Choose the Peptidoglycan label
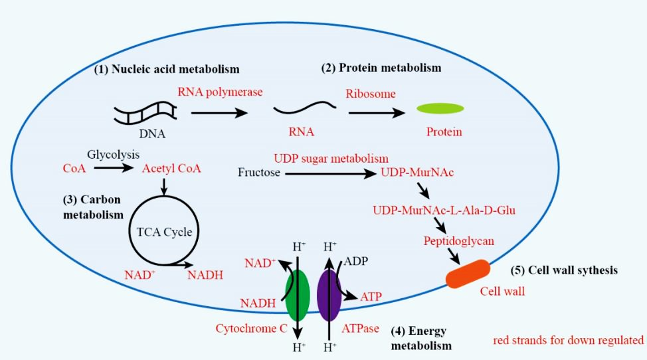tap(458, 241)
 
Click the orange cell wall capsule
tap(468, 275)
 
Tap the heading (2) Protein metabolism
tap(381, 68)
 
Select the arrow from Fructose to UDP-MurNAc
tap(330, 174)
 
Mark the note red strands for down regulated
tap(568, 341)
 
